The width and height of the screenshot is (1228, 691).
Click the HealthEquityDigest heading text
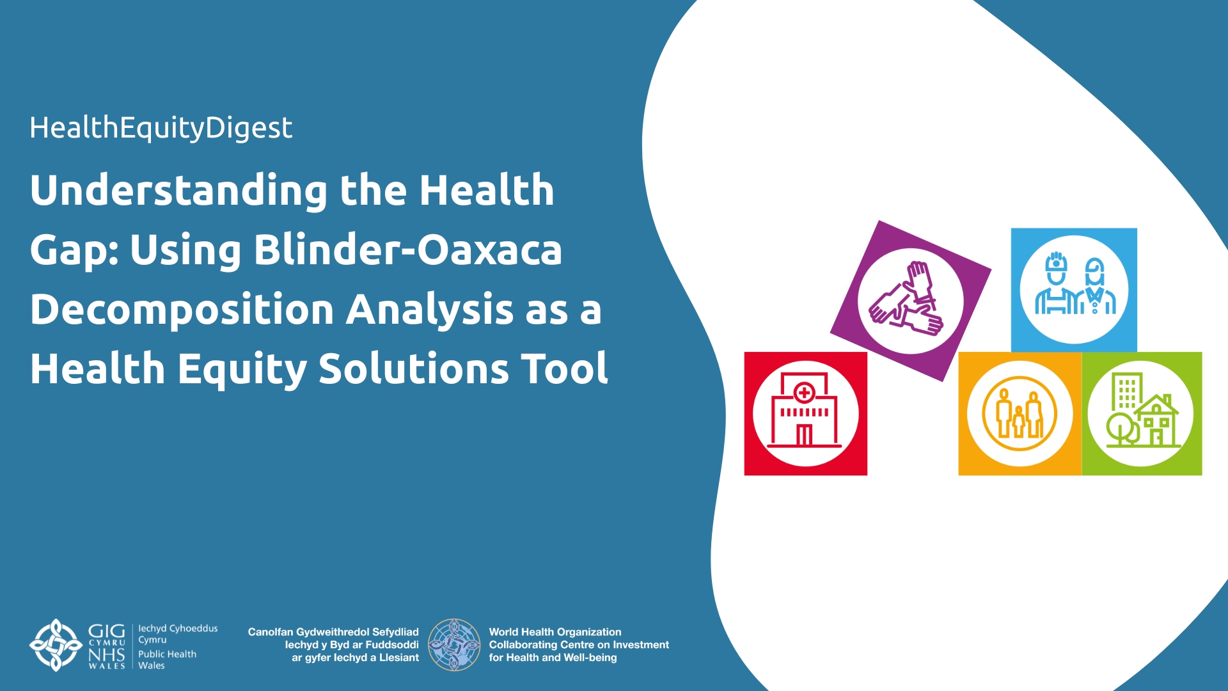(x=161, y=128)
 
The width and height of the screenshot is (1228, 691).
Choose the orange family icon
(x=1019, y=413)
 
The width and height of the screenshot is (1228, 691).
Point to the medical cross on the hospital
(x=804, y=392)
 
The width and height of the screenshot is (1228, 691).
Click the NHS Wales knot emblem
(x=56, y=645)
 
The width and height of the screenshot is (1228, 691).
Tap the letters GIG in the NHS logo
(x=106, y=631)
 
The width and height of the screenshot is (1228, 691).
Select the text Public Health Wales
(x=167, y=660)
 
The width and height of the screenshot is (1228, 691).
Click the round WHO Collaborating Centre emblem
(x=454, y=644)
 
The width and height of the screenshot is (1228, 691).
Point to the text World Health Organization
(x=555, y=631)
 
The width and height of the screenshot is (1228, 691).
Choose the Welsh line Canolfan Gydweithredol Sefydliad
(x=333, y=631)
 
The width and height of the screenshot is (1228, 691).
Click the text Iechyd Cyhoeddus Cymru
(x=178, y=633)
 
